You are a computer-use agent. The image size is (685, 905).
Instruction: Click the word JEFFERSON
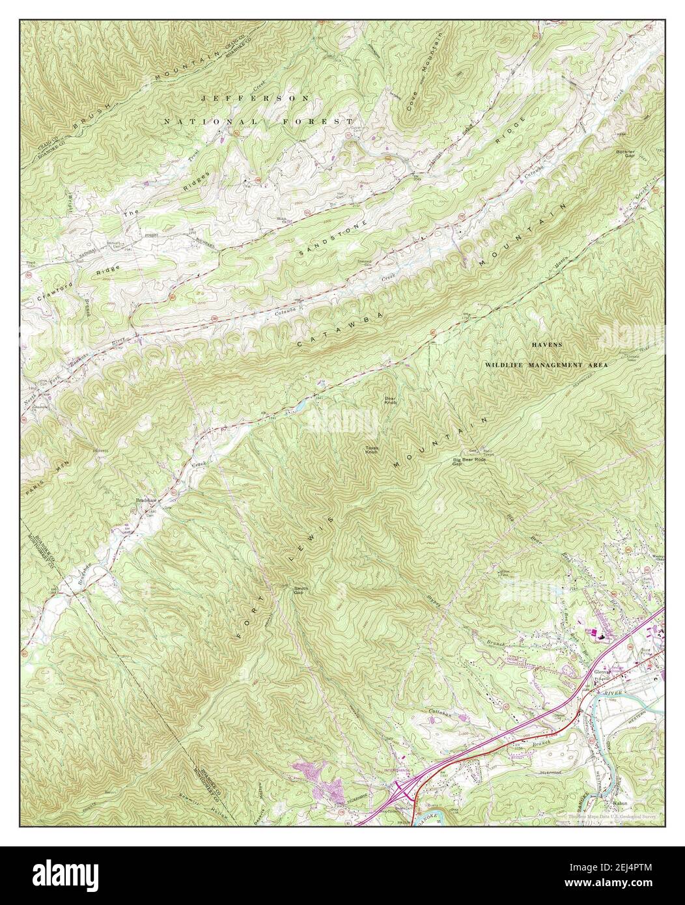point(255,98)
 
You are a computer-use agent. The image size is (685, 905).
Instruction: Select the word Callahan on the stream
point(440,712)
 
